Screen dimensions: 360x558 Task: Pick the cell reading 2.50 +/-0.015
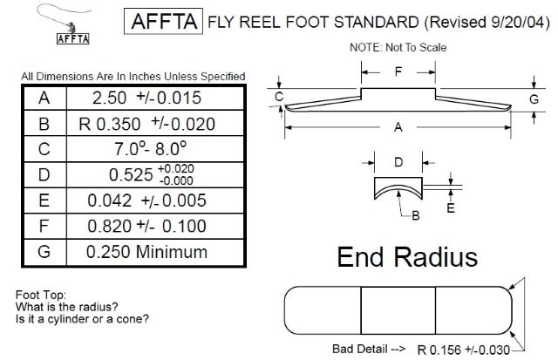[x=153, y=98]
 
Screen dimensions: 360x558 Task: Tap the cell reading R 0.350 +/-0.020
[x=153, y=124]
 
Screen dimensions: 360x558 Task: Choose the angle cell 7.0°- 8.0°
[x=153, y=149]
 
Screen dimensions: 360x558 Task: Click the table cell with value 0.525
[x=153, y=174]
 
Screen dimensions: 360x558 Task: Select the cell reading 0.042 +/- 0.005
[x=153, y=200]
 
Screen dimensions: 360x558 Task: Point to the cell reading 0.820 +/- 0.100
[x=153, y=227]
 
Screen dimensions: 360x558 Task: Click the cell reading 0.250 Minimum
[x=153, y=253]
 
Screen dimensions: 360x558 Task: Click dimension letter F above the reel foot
[x=398, y=72]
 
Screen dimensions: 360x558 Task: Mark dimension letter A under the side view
[x=398, y=127]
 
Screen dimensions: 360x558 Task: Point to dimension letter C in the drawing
[x=279, y=96]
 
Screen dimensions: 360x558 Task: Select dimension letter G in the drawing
[x=534, y=99]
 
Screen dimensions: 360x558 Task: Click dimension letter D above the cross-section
[x=398, y=162]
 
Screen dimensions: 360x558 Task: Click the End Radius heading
[x=406, y=258]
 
